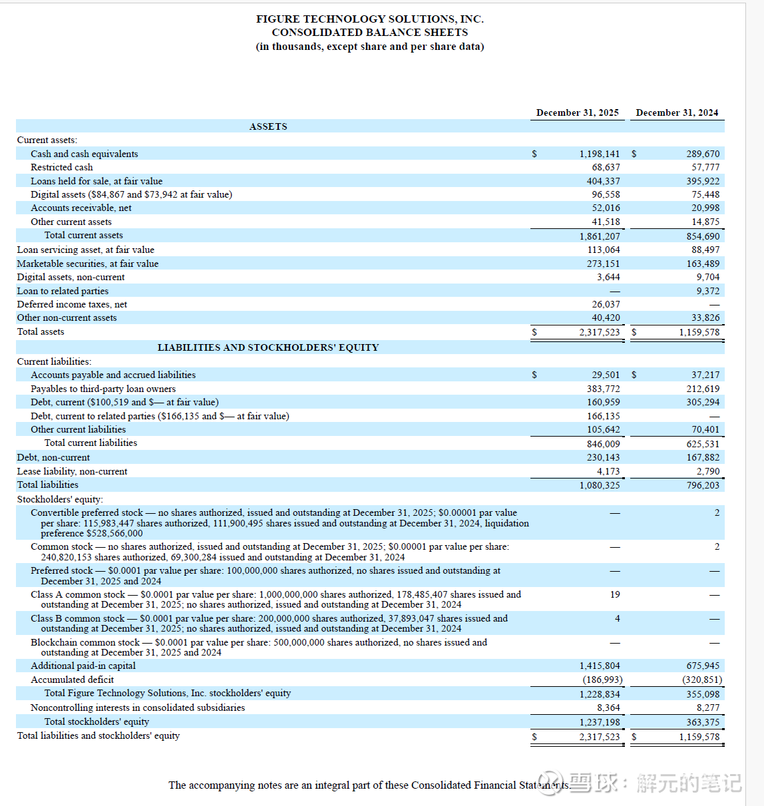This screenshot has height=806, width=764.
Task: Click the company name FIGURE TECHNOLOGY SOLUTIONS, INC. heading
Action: (x=369, y=19)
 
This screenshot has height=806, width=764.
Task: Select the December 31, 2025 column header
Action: (x=577, y=112)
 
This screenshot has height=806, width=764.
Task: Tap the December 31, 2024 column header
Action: (x=677, y=112)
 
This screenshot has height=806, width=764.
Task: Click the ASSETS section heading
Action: (x=268, y=126)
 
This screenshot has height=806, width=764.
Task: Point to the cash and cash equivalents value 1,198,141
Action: (x=599, y=154)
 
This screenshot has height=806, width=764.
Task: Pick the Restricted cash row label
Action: (x=62, y=167)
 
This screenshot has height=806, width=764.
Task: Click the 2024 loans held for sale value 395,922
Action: (x=703, y=181)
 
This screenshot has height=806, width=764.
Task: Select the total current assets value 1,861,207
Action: (x=599, y=236)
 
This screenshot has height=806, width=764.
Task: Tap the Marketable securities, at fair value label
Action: (x=88, y=264)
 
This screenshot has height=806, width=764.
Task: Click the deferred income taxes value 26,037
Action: (x=606, y=304)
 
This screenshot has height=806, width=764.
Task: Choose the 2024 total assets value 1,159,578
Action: (x=699, y=332)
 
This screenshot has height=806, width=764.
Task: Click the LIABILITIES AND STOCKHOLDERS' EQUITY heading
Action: (x=268, y=347)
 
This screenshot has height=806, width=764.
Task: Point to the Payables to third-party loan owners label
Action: (x=103, y=389)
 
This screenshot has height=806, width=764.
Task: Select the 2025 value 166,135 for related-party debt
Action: (x=603, y=416)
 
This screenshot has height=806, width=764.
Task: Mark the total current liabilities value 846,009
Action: (x=603, y=444)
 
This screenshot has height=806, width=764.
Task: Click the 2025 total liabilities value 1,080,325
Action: (x=599, y=485)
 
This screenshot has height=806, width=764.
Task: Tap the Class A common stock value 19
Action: (x=615, y=594)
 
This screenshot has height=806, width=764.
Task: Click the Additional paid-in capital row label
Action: (x=83, y=666)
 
